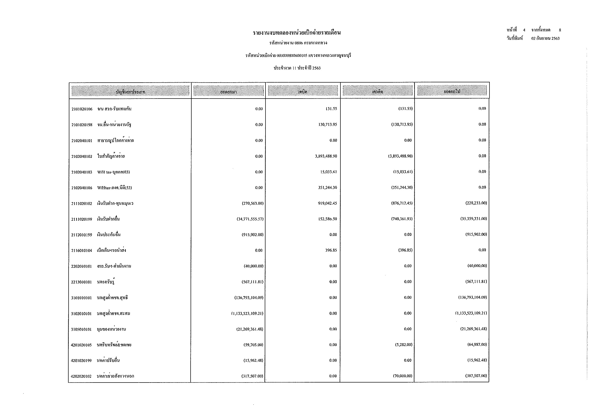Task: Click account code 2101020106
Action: (x=82, y=109)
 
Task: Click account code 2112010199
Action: (x=81, y=235)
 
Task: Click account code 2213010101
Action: (x=81, y=282)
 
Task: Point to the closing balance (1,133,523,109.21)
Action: (x=471, y=313)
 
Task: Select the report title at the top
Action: (x=297, y=33)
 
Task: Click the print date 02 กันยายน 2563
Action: (x=545, y=39)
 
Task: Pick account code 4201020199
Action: (x=81, y=361)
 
